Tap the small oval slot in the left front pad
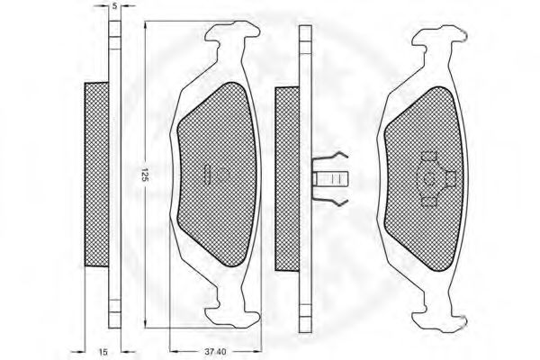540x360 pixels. pos(209,175)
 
